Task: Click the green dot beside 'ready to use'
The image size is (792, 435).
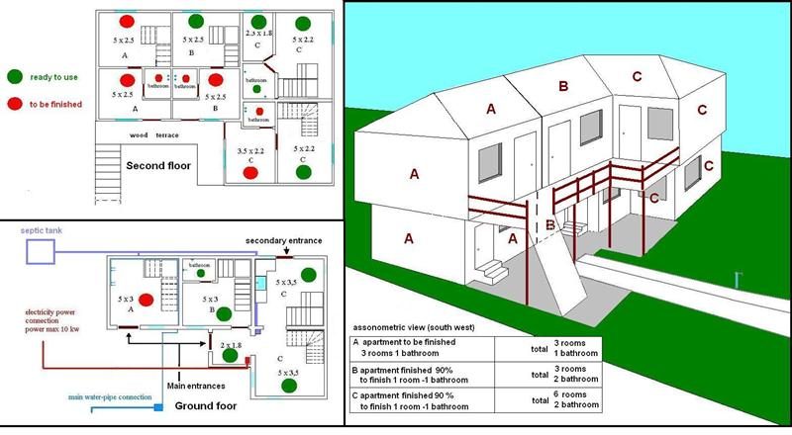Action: click(x=15, y=76)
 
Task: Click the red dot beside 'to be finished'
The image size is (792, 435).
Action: click(x=15, y=103)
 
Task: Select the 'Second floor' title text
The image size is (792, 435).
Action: click(x=157, y=166)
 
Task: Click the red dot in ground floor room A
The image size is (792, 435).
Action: click(x=146, y=300)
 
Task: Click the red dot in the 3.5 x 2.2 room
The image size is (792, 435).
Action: click(x=249, y=173)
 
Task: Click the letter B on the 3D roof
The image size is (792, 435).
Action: click(x=562, y=87)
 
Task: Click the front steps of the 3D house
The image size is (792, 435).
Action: click(x=493, y=269)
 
